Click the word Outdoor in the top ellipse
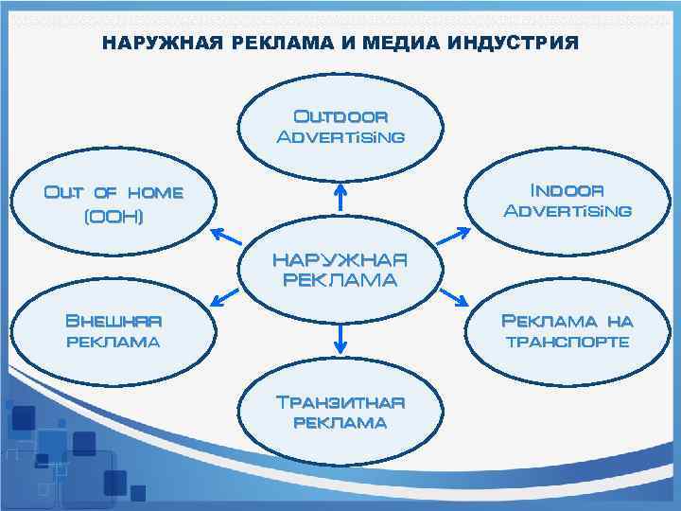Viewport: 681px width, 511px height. [340, 117]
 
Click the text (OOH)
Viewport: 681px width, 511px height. [113, 217]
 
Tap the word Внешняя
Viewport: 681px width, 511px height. [113, 320]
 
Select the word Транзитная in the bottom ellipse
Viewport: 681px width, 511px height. [340, 401]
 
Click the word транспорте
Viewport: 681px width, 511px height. [567, 342]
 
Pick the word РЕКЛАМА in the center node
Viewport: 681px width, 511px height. [340, 280]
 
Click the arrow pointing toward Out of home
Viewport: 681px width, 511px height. [225, 237]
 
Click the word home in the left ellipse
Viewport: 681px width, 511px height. [155, 193]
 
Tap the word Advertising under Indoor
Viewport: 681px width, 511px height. [567, 210]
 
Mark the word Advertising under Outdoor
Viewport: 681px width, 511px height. [340, 137]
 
